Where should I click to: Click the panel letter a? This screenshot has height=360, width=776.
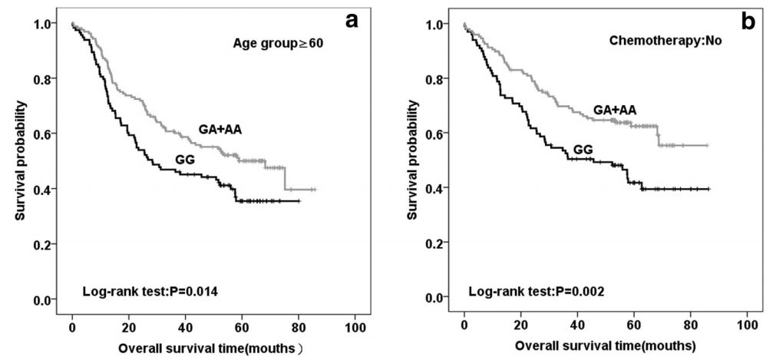click(352, 20)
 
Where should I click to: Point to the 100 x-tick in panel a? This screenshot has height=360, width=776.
click(355, 325)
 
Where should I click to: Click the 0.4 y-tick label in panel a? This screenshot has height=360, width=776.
click(47, 189)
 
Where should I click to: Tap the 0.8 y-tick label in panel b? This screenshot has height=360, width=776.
click(440, 79)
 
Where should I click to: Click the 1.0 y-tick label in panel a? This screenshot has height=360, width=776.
click(47, 24)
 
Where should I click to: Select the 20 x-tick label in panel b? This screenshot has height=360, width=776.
click(520, 324)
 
